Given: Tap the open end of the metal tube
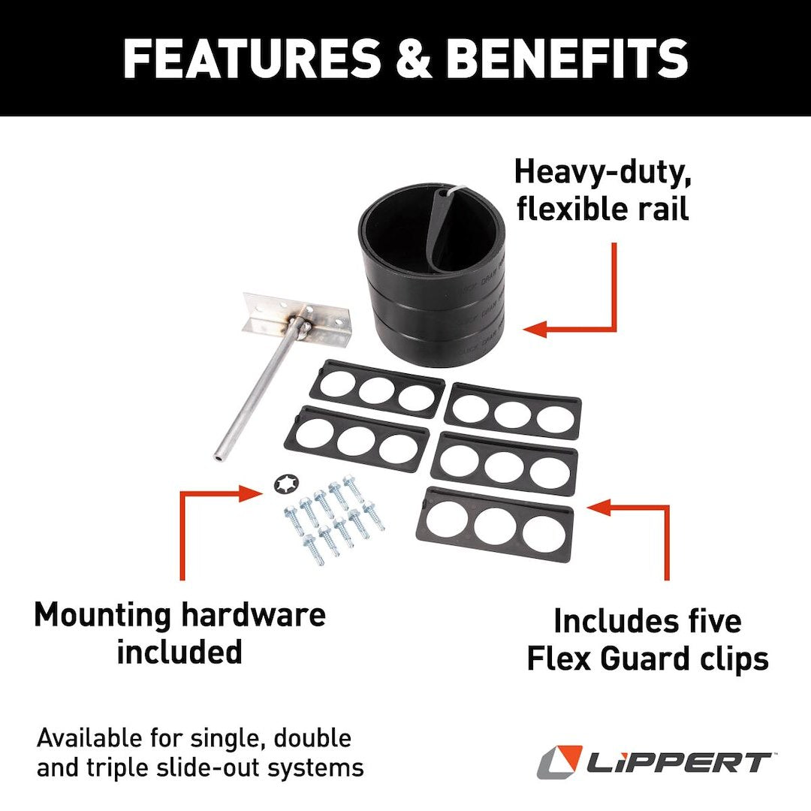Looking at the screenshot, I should tap(219, 454).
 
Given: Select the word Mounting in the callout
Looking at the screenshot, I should tap(103, 616).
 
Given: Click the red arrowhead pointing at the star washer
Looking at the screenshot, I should tap(251, 493).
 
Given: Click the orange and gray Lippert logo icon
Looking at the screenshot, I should tap(559, 761).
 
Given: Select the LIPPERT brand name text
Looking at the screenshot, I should tap(677, 762).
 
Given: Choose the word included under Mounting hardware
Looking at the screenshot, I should tap(179, 652).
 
